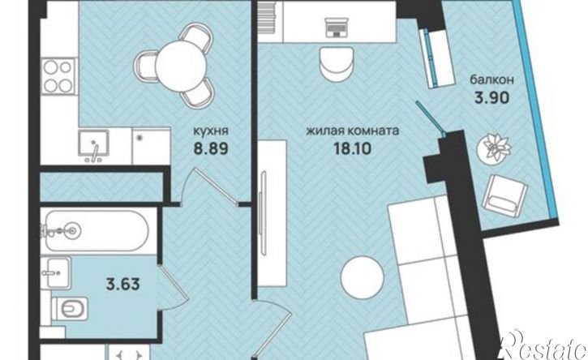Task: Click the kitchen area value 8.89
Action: pyautogui.click(x=211, y=149)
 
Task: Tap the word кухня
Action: pyautogui.click(x=211, y=131)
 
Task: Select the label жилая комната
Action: pyautogui.click(x=353, y=131)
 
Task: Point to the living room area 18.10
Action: pyautogui.click(x=353, y=149)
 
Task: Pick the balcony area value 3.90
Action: pyautogui.click(x=492, y=97)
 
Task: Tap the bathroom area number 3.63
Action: pyautogui.click(x=123, y=284)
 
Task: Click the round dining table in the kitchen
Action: pyautogui.click(x=181, y=65)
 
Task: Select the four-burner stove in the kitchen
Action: pyautogui.click(x=58, y=76)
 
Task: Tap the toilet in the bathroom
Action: pyautogui.click(x=70, y=309)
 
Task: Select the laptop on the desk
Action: pyautogui.click(x=337, y=28)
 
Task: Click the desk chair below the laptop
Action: pyautogui.click(x=337, y=64)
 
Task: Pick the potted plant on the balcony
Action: pyautogui.click(x=494, y=148)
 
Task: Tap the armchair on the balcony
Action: pyautogui.click(x=505, y=197)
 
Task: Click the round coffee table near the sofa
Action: pyautogui.click(x=363, y=277)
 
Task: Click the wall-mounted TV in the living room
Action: pyautogui.click(x=264, y=212)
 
